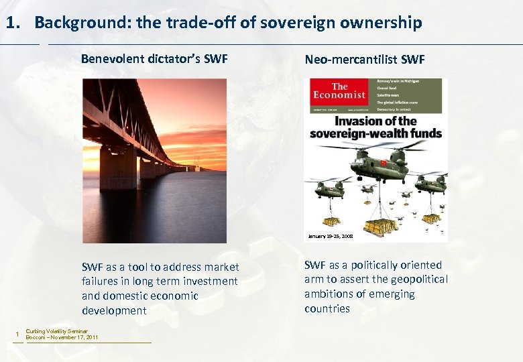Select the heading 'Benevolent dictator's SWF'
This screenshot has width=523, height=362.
pos(154,59)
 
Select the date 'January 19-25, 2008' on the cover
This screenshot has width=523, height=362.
pos(330,236)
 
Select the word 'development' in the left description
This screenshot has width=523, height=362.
pos(114,310)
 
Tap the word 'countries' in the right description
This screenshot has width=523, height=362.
pos(327,308)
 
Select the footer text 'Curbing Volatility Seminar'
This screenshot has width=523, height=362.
pos(56,331)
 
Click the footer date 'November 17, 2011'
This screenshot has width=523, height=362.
pos(73,337)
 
